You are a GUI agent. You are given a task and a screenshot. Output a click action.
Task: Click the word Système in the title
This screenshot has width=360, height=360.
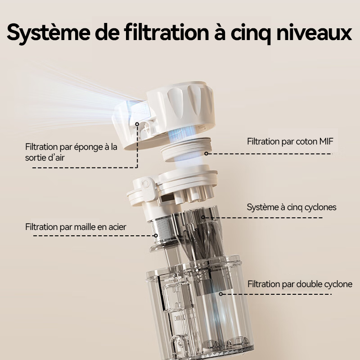pyautogui.click(x=49, y=32)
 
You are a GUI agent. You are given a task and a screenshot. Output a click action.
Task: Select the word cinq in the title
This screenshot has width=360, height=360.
pyautogui.click(x=251, y=34)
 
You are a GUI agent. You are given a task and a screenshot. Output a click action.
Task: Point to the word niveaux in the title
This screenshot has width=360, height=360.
pyautogui.click(x=314, y=32)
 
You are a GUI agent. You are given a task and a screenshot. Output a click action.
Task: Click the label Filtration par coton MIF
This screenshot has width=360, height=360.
pyautogui.click(x=290, y=141)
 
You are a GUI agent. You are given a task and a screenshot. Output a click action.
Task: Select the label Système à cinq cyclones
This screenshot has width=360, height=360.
pyautogui.click(x=292, y=207)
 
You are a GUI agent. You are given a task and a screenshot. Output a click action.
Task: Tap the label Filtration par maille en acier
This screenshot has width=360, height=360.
pyautogui.click(x=76, y=227)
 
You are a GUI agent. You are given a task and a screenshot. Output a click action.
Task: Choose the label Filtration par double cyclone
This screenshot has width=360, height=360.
pyautogui.click(x=300, y=284)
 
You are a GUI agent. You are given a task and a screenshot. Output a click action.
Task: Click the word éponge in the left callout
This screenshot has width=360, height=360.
pyautogui.click(x=89, y=147)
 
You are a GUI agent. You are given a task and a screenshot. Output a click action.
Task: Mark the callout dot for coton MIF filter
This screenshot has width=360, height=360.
pyautogui.click(x=206, y=153)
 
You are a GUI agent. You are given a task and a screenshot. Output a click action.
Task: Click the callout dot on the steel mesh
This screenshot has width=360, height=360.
pyautogui.click(x=156, y=235)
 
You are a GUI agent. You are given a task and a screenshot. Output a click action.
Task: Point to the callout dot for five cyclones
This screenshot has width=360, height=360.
pyautogui.click(x=203, y=217)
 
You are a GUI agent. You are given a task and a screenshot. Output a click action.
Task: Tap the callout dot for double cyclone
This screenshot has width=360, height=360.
pyautogui.click(x=220, y=294)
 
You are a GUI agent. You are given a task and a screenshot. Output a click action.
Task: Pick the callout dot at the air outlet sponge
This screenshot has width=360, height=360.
pyautogui.click(x=137, y=124)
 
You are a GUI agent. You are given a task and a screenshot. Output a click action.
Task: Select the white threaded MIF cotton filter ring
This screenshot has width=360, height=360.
pyautogui.click(x=186, y=149)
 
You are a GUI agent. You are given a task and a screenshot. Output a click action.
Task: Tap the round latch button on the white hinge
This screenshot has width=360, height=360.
pyautogui.click(x=145, y=184)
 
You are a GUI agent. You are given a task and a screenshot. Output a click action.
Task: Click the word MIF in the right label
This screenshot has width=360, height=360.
pyautogui.click(x=326, y=141)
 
